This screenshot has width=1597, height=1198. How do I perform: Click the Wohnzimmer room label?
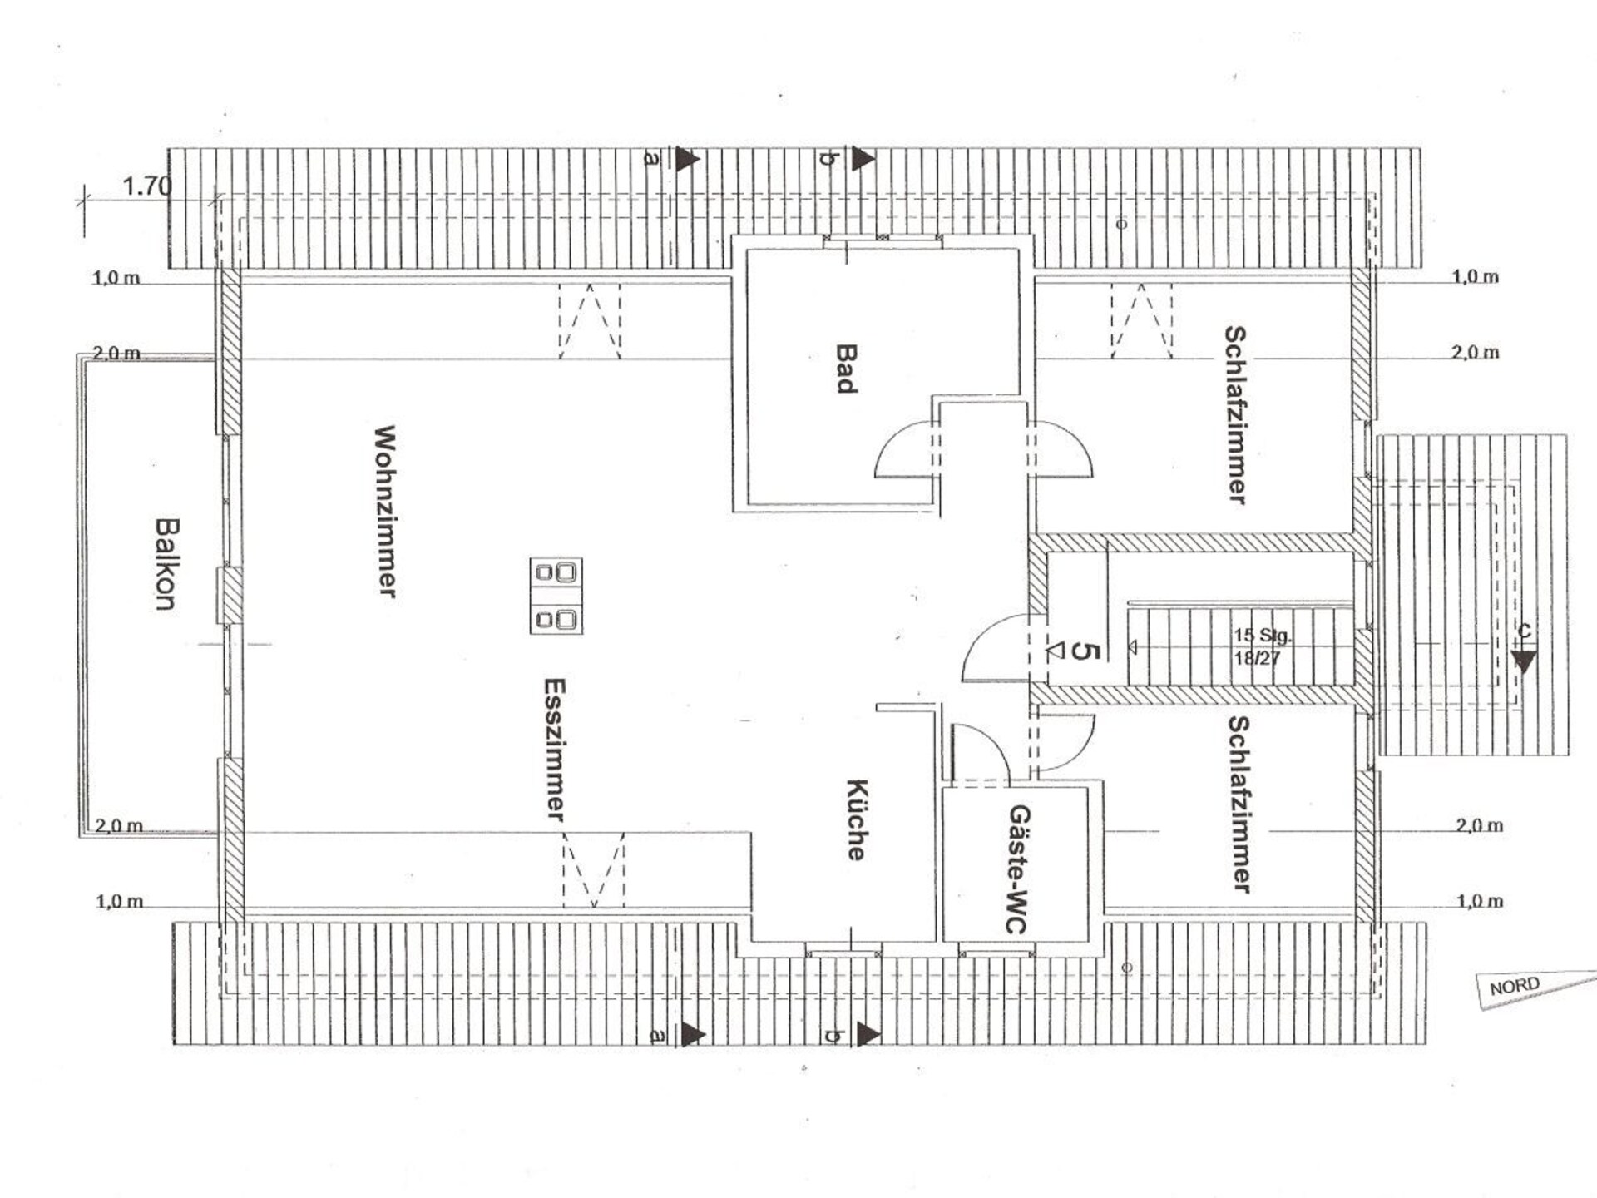click(x=385, y=511)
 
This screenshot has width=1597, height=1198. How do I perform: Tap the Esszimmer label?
click(x=555, y=750)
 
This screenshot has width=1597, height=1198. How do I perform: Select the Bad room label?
click(x=846, y=369)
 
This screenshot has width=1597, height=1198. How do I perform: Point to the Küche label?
click(x=857, y=819)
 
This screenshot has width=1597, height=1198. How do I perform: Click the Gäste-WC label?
click(x=1017, y=869)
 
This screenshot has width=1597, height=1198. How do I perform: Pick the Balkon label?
click(x=166, y=564)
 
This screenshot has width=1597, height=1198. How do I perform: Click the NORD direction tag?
click(x=1515, y=987)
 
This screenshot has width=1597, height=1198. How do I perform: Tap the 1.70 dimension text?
click(x=147, y=186)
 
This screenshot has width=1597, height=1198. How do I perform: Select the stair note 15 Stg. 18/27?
click(x=1262, y=646)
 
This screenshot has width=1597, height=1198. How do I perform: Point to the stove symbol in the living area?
click(x=556, y=596)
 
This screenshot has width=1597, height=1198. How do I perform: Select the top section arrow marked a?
click(x=687, y=159)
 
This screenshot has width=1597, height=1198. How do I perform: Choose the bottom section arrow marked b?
click(x=868, y=1034)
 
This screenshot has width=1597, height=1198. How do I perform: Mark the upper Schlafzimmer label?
click(x=1235, y=414)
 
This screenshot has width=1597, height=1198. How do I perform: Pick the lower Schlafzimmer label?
click(x=1239, y=804)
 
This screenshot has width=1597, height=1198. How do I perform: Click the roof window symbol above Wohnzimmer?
click(x=590, y=321)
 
